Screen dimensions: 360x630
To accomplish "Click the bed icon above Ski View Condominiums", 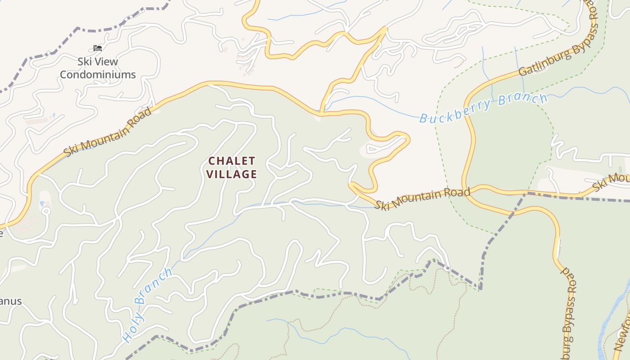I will (98, 48).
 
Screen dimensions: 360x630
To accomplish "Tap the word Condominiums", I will (98, 75).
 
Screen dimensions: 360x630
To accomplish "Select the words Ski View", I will (98, 62).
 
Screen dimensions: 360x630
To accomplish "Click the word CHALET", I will (232, 161).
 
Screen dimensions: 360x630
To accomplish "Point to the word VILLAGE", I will (232, 174).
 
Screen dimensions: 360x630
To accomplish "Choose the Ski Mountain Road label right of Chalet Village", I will (422, 198).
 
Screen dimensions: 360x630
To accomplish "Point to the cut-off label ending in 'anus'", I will (10, 301).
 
